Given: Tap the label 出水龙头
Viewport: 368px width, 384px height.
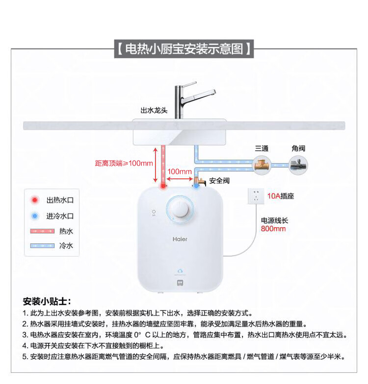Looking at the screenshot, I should click(154, 111).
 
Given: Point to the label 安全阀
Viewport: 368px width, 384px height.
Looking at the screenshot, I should click(219, 181).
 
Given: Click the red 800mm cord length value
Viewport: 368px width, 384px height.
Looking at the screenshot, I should click(273, 229).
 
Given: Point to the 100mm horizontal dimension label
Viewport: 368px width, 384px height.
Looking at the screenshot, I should click(180, 172).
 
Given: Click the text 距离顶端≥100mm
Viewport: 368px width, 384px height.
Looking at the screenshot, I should click(124, 163).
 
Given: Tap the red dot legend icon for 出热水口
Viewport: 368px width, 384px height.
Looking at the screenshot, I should click(35, 200).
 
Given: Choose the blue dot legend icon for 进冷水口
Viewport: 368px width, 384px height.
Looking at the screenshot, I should click(35, 216).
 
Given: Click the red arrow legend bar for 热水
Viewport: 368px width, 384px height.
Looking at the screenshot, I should click(42, 231).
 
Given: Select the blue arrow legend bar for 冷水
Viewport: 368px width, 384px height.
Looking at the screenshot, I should click(42, 246).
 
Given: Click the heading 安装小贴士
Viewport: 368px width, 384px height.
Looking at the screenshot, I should click(47, 301).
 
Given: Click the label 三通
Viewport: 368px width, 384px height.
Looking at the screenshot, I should click(261, 148).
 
